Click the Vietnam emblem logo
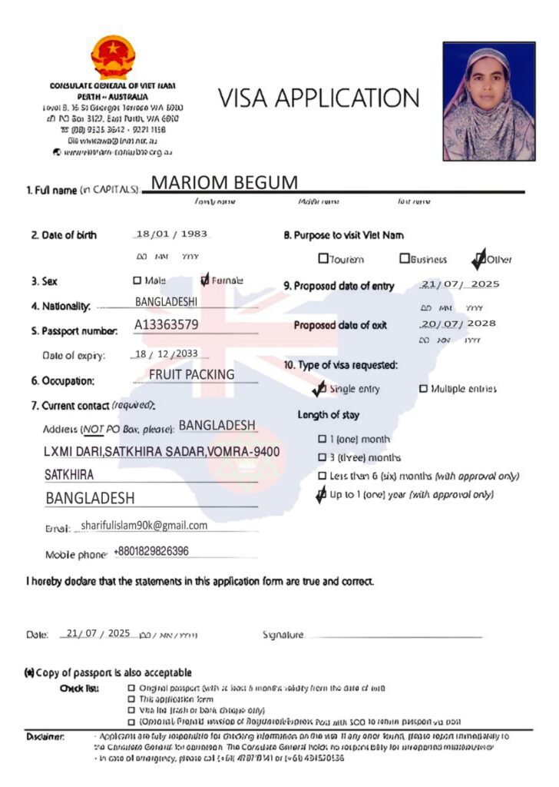113,56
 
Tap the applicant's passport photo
488,101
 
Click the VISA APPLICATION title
319,98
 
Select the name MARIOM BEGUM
223,182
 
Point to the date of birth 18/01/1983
171,234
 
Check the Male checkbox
137,281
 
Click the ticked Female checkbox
204,281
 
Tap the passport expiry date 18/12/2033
171,354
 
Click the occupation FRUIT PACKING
191,375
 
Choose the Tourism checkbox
323,259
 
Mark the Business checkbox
405,259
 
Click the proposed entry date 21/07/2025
460,284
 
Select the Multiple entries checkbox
423,389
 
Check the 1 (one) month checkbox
322,440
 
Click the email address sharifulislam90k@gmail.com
144,526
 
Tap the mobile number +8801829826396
150,551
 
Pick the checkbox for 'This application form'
131,699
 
